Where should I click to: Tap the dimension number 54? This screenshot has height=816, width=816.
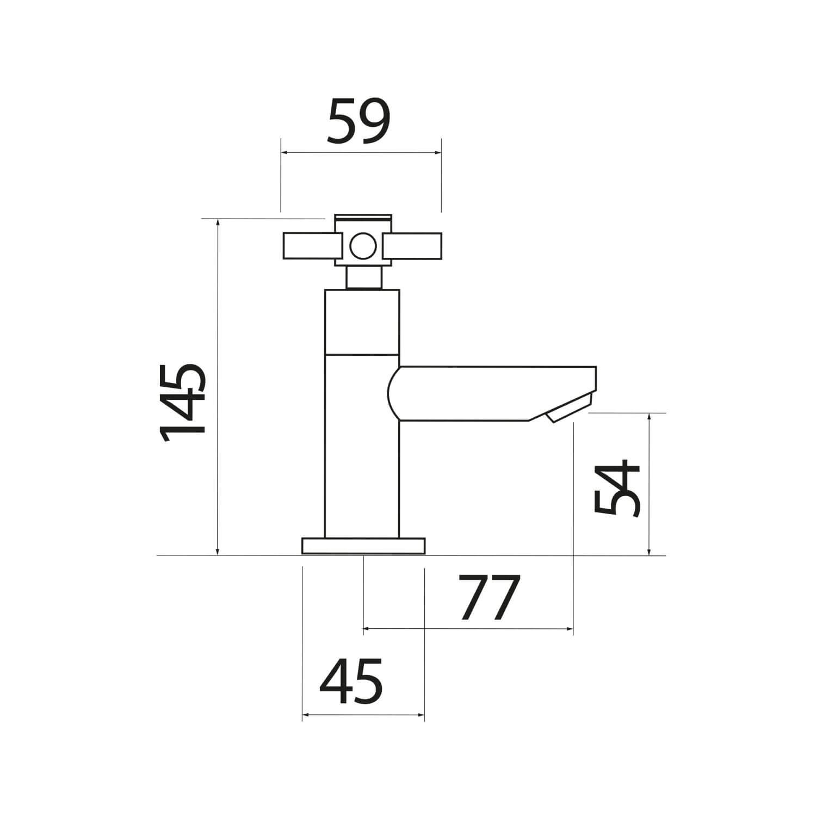click(616, 490)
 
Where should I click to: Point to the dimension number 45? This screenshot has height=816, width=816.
click(351, 681)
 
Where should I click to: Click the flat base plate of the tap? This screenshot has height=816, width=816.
click(363, 546)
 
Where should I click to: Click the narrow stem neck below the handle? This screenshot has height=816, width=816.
click(363, 278)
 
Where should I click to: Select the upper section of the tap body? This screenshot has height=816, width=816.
click(362, 322)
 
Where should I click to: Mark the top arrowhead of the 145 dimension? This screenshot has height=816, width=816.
click(218, 222)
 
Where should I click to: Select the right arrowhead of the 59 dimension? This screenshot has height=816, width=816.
click(437, 153)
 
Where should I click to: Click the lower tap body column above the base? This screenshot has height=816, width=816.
click(362, 446)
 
